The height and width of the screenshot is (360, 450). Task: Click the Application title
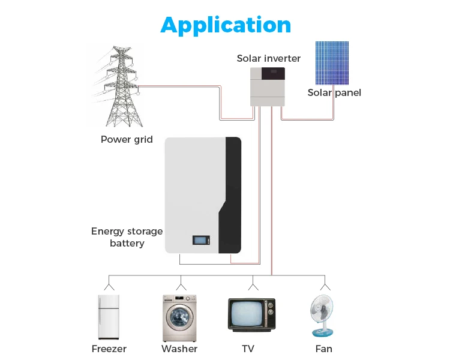tap(226, 25)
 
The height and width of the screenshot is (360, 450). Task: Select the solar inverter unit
tap(268, 86)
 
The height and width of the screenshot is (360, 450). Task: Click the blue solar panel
tap(332, 62)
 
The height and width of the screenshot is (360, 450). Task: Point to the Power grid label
tap(127, 140)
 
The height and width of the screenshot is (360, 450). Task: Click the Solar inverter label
tap(269, 58)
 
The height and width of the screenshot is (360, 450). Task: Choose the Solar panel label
tap(334, 93)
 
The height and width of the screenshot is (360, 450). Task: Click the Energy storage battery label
tap(127, 237)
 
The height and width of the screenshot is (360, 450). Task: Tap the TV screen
tap(248, 314)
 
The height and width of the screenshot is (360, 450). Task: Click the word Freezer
tap(109, 349)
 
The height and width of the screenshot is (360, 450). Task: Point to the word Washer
tap(179, 349)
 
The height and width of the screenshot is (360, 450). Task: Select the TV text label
tap(248, 349)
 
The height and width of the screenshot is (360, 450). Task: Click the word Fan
tap(323, 349)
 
